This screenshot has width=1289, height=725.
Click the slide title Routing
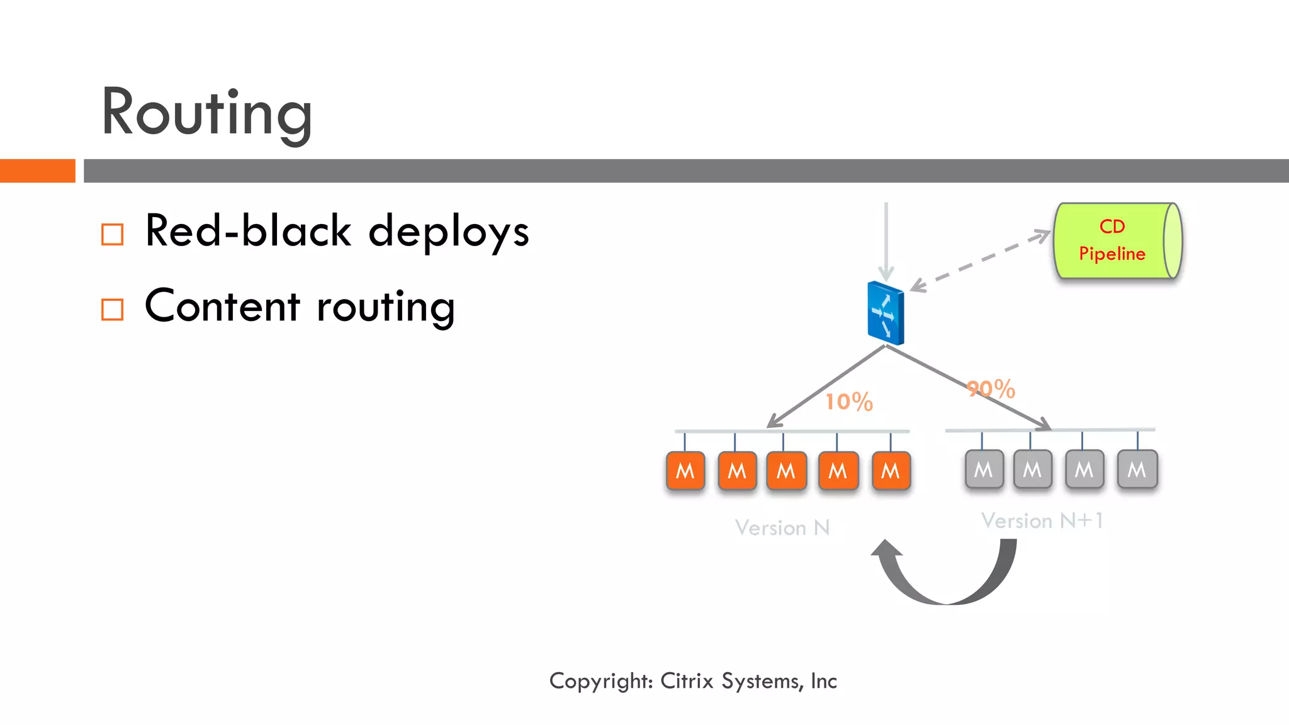(x=206, y=113)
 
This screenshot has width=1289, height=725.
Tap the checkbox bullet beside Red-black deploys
(x=113, y=235)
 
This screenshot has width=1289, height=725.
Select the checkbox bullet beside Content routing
(x=113, y=310)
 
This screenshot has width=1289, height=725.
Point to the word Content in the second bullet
(x=222, y=306)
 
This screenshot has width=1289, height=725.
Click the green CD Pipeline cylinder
(x=1117, y=241)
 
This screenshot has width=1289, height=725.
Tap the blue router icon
(x=886, y=313)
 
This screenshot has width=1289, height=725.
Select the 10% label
(x=848, y=402)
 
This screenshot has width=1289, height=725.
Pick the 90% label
(x=991, y=389)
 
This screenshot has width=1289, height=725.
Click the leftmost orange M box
(x=685, y=471)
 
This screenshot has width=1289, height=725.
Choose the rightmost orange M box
(x=891, y=471)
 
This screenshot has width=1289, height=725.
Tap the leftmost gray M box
(x=983, y=469)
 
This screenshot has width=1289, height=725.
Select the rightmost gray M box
(x=1137, y=469)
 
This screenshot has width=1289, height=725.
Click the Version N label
(x=782, y=527)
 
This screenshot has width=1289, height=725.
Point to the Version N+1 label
(x=1042, y=520)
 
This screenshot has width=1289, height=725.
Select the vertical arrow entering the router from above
(x=886, y=239)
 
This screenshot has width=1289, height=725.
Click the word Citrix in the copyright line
(x=687, y=681)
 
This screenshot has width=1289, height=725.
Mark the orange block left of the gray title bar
(x=37, y=171)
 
